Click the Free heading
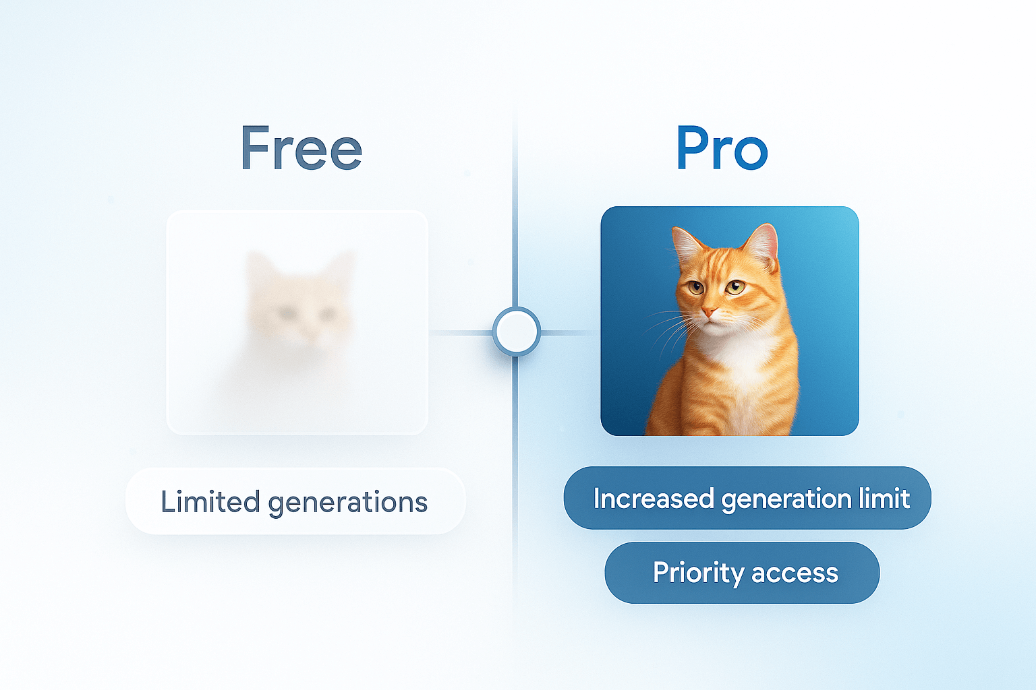pyautogui.click(x=301, y=148)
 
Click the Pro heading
pyautogui.click(x=722, y=148)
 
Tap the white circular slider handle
pyautogui.click(x=517, y=332)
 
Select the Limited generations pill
pyautogui.click(x=295, y=501)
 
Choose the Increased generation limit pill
pyautogui.click(x=747, y=498)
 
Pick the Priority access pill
pyautogui.click(x=742, y=573)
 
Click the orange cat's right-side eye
pyautogui.click(x=735, y=287)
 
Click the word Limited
pyautogui.click(x=210, y=501)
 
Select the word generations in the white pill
pyautogui.click(x=348, y=503)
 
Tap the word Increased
pyautogui.click(x=654, y=498)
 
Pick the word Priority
pyautogui.click(x=698, y=573)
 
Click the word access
pyautogui.click(x=795, y=574)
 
